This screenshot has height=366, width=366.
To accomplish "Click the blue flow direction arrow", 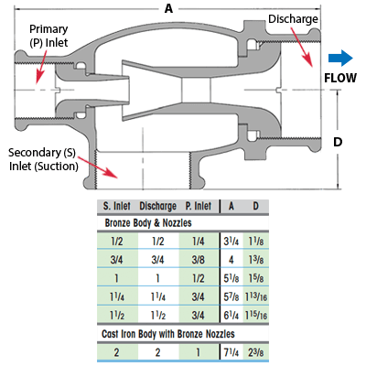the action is coord(340,58).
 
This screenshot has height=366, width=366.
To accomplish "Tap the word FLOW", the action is coord(340,78).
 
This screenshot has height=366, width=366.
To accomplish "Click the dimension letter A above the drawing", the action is coord(168,8).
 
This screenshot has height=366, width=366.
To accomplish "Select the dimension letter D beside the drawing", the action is coord(338,142).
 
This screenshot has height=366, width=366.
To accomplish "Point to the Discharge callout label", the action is coord(293,19).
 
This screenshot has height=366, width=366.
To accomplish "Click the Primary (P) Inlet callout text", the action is coord(48,36).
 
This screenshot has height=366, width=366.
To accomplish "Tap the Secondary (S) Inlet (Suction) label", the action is coord(43,159).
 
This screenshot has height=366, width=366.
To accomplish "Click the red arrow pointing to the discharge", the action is coord(302,47).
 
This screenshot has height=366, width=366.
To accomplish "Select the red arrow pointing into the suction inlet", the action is coord(98,167).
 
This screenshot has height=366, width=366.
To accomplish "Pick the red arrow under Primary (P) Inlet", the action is coord(41,67).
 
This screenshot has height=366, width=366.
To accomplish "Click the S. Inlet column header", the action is coord(116,206).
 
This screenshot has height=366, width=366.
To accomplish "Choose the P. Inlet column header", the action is coord(199,206).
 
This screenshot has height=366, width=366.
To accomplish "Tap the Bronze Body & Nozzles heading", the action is coord(148,223).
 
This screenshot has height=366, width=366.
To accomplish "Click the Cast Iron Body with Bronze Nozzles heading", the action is coord(168,334).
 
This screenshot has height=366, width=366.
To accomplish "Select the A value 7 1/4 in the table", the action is coord(231,352).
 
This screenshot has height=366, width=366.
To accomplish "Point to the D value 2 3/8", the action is coord(256,352).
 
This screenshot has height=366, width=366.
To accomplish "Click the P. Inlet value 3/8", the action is coord(199,260).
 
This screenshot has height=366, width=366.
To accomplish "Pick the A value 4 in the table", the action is coord(231,260).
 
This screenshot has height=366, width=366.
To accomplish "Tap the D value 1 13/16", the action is coord(256,297).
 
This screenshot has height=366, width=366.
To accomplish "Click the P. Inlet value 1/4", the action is coord(199,242).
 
